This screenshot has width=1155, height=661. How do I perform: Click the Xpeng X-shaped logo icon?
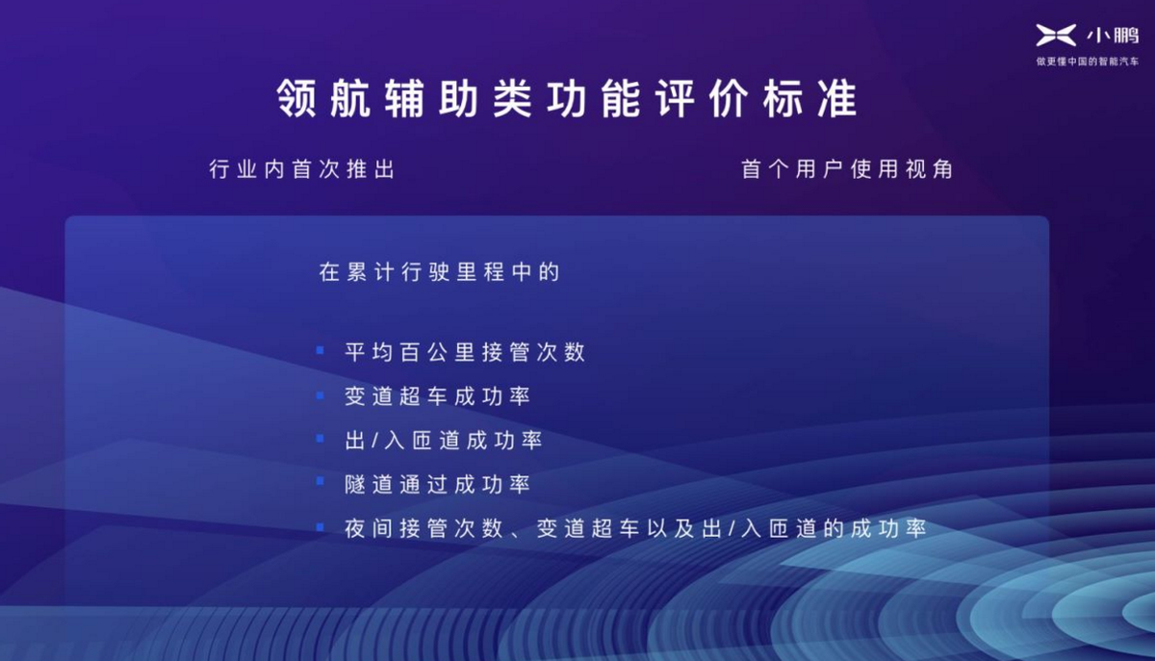tap(1056, 35)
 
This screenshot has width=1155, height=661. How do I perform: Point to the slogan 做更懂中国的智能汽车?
tap(1088, 62)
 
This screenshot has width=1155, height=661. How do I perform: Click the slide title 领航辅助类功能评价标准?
tap(567, 98)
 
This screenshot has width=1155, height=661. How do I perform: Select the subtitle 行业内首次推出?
tap(302, 169)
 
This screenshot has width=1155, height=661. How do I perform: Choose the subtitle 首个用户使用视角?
tap(847, 169)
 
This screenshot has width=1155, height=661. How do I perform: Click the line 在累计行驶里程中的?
tap(439, 271)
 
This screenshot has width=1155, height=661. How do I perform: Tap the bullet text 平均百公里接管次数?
tap(465, 352)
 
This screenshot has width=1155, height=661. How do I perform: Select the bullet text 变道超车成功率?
tap(438, 396)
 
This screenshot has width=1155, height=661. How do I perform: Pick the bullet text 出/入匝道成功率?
tap(444, 441)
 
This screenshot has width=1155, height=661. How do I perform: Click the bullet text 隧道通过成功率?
tap(438, 484)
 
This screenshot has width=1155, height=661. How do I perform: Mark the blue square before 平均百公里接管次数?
tap(321, 350)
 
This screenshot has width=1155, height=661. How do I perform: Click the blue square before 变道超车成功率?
tap(321, 395)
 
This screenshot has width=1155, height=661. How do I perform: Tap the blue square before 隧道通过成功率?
tap(321, 481)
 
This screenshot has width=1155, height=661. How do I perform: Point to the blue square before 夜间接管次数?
tap(321, 527)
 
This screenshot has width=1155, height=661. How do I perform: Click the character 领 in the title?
tap(296, 98)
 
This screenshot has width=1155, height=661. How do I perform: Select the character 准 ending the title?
tap(838, 98)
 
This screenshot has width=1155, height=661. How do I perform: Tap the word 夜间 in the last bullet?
tap(369, 528)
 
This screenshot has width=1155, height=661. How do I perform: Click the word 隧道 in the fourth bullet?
tap(369, 484)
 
